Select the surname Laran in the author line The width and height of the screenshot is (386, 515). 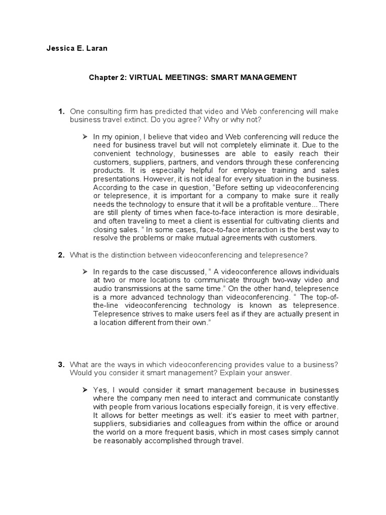click(96, 49)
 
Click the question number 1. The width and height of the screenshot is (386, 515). click(61, 111)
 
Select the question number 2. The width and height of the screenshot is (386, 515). click(61, 255)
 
